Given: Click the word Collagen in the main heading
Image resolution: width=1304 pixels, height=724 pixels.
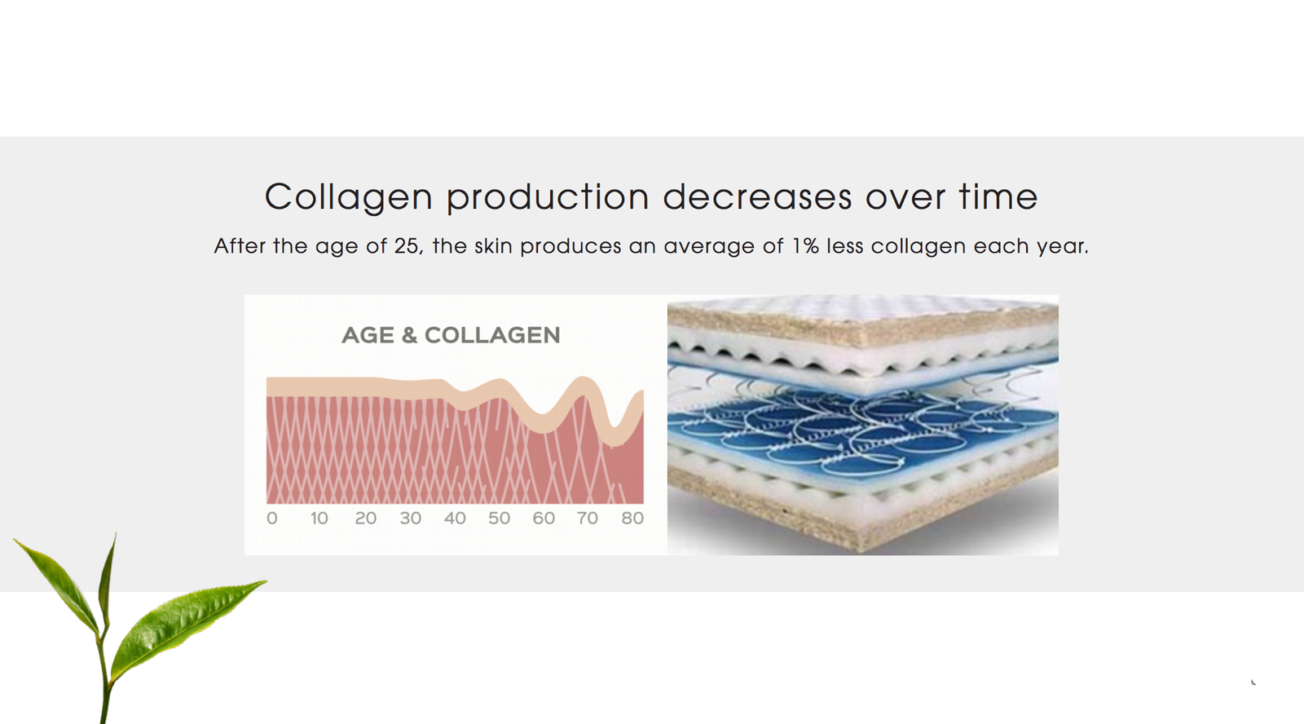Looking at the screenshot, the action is coord(349,197).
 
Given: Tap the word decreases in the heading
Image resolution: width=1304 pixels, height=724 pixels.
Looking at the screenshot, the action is coord(757,196).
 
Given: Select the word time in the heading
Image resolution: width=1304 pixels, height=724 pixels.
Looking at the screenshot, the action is coord(998,196).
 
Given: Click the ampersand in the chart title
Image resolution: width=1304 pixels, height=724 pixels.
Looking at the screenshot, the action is coord(409,335).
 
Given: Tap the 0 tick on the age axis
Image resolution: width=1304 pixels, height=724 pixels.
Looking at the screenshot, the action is coord(272,518).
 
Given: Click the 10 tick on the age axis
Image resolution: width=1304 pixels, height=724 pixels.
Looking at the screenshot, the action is coord(319,518).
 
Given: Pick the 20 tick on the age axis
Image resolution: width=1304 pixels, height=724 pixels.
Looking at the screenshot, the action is coord(366,518).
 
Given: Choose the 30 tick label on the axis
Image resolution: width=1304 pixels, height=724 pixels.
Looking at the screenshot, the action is coord(411,518).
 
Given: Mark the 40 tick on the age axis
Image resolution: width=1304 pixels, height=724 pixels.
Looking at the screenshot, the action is coord(455,518).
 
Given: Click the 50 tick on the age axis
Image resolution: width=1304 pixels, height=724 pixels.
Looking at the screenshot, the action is coord(499,518).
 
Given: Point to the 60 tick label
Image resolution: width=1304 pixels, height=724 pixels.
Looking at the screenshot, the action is coord(544,518).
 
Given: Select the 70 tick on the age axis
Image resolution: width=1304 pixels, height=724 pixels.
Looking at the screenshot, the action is coord(588,518).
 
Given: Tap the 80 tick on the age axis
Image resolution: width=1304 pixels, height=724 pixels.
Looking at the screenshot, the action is coord(632,518).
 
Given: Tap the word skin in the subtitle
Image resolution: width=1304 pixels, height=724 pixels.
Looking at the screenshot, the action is coord(493,245).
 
